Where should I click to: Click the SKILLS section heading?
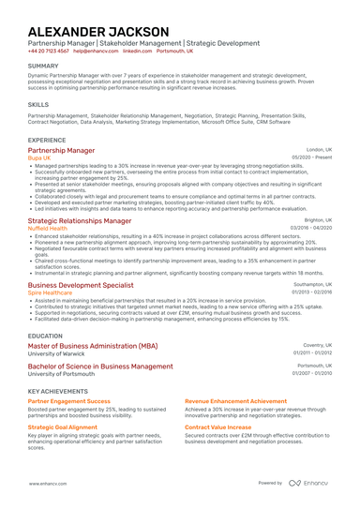click(38, 104)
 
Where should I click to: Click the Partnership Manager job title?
click(61, 150)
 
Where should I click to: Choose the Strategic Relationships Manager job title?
click(80, 220)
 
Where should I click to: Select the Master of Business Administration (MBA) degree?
click(93, 346)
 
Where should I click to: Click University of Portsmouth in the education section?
click(62, 373)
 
